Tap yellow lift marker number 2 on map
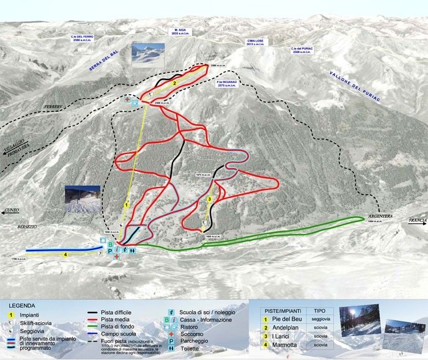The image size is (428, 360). tap(175, 83)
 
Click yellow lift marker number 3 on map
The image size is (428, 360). tap(210, 199)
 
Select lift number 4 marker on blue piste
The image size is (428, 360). tap(64, 254)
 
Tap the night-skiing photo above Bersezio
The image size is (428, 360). tap(82, 199)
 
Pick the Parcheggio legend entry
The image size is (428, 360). tap(193, 341)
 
